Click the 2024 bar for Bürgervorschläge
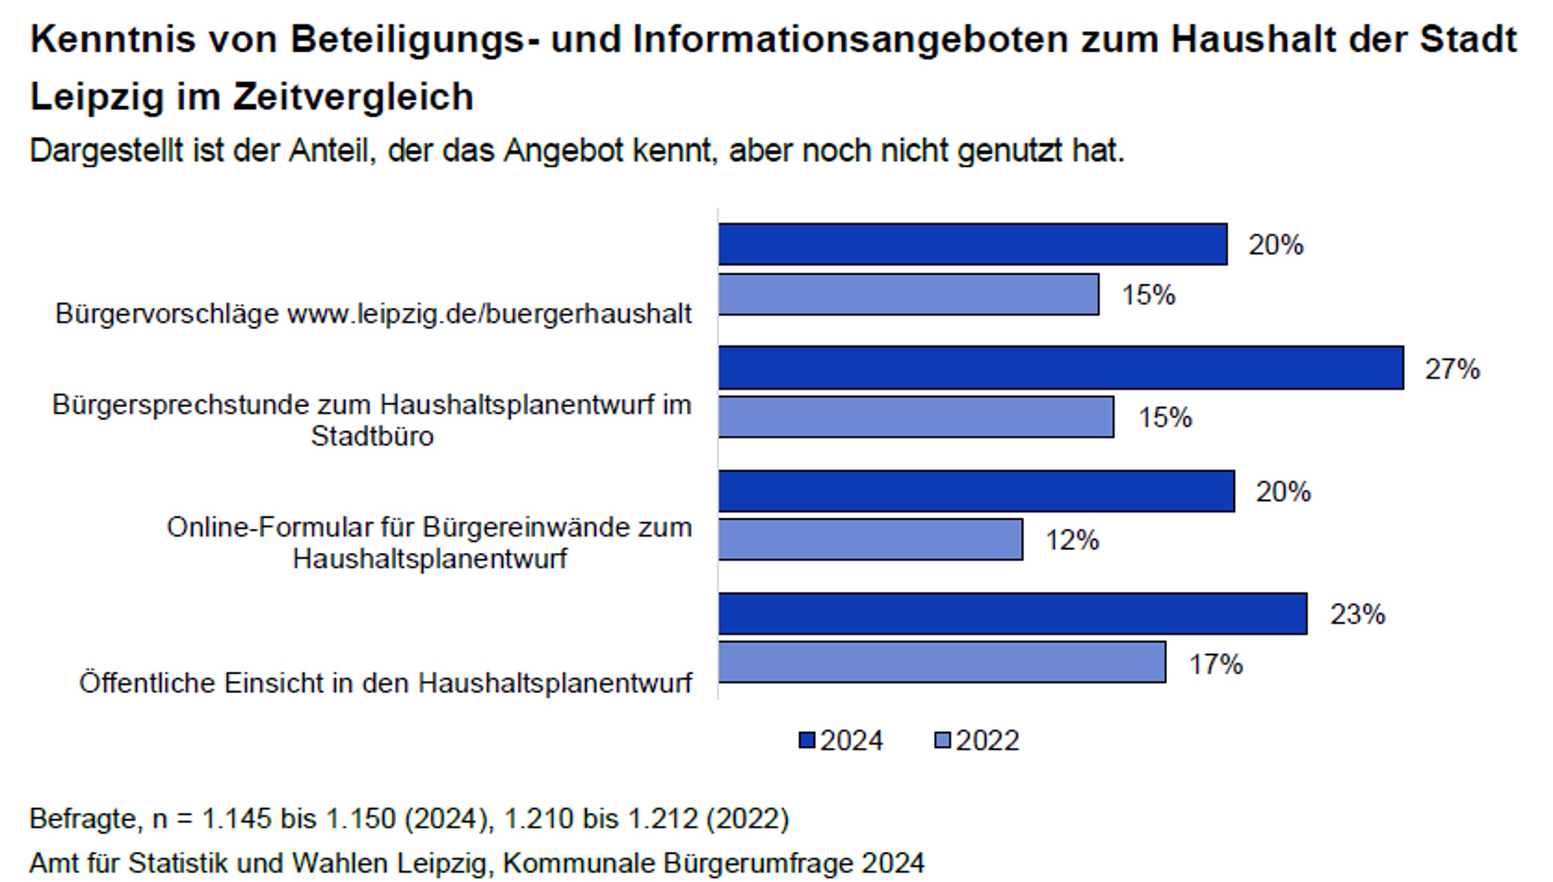972,244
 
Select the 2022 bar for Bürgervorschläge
908,295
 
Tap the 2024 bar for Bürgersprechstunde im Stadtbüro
1060,368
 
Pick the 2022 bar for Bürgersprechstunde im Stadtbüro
915,417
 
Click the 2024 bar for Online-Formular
976,491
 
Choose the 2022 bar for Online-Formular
870,540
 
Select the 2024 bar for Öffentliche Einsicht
1012,614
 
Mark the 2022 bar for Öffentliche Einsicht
941,663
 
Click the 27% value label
1452,369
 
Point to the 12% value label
1072,540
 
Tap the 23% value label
1357,614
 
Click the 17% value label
1215,664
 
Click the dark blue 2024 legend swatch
806,741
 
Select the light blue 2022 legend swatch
942,741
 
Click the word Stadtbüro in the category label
372,436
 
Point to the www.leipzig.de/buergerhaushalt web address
489,314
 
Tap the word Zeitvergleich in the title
353,96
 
